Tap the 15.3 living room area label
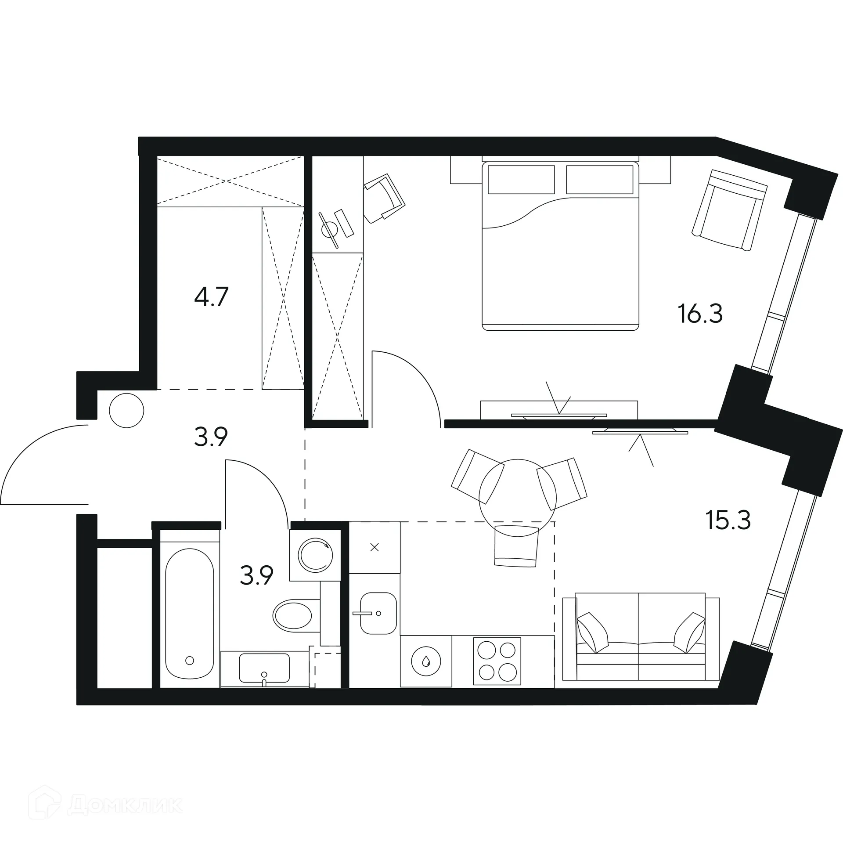[x=728, y=520]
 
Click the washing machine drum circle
[x=315, y=555]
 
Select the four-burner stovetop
[x=497, y=661]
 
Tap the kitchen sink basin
[x=378, y=613]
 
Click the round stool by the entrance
[x=126, y=410]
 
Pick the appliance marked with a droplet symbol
[x=425, y=661]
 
